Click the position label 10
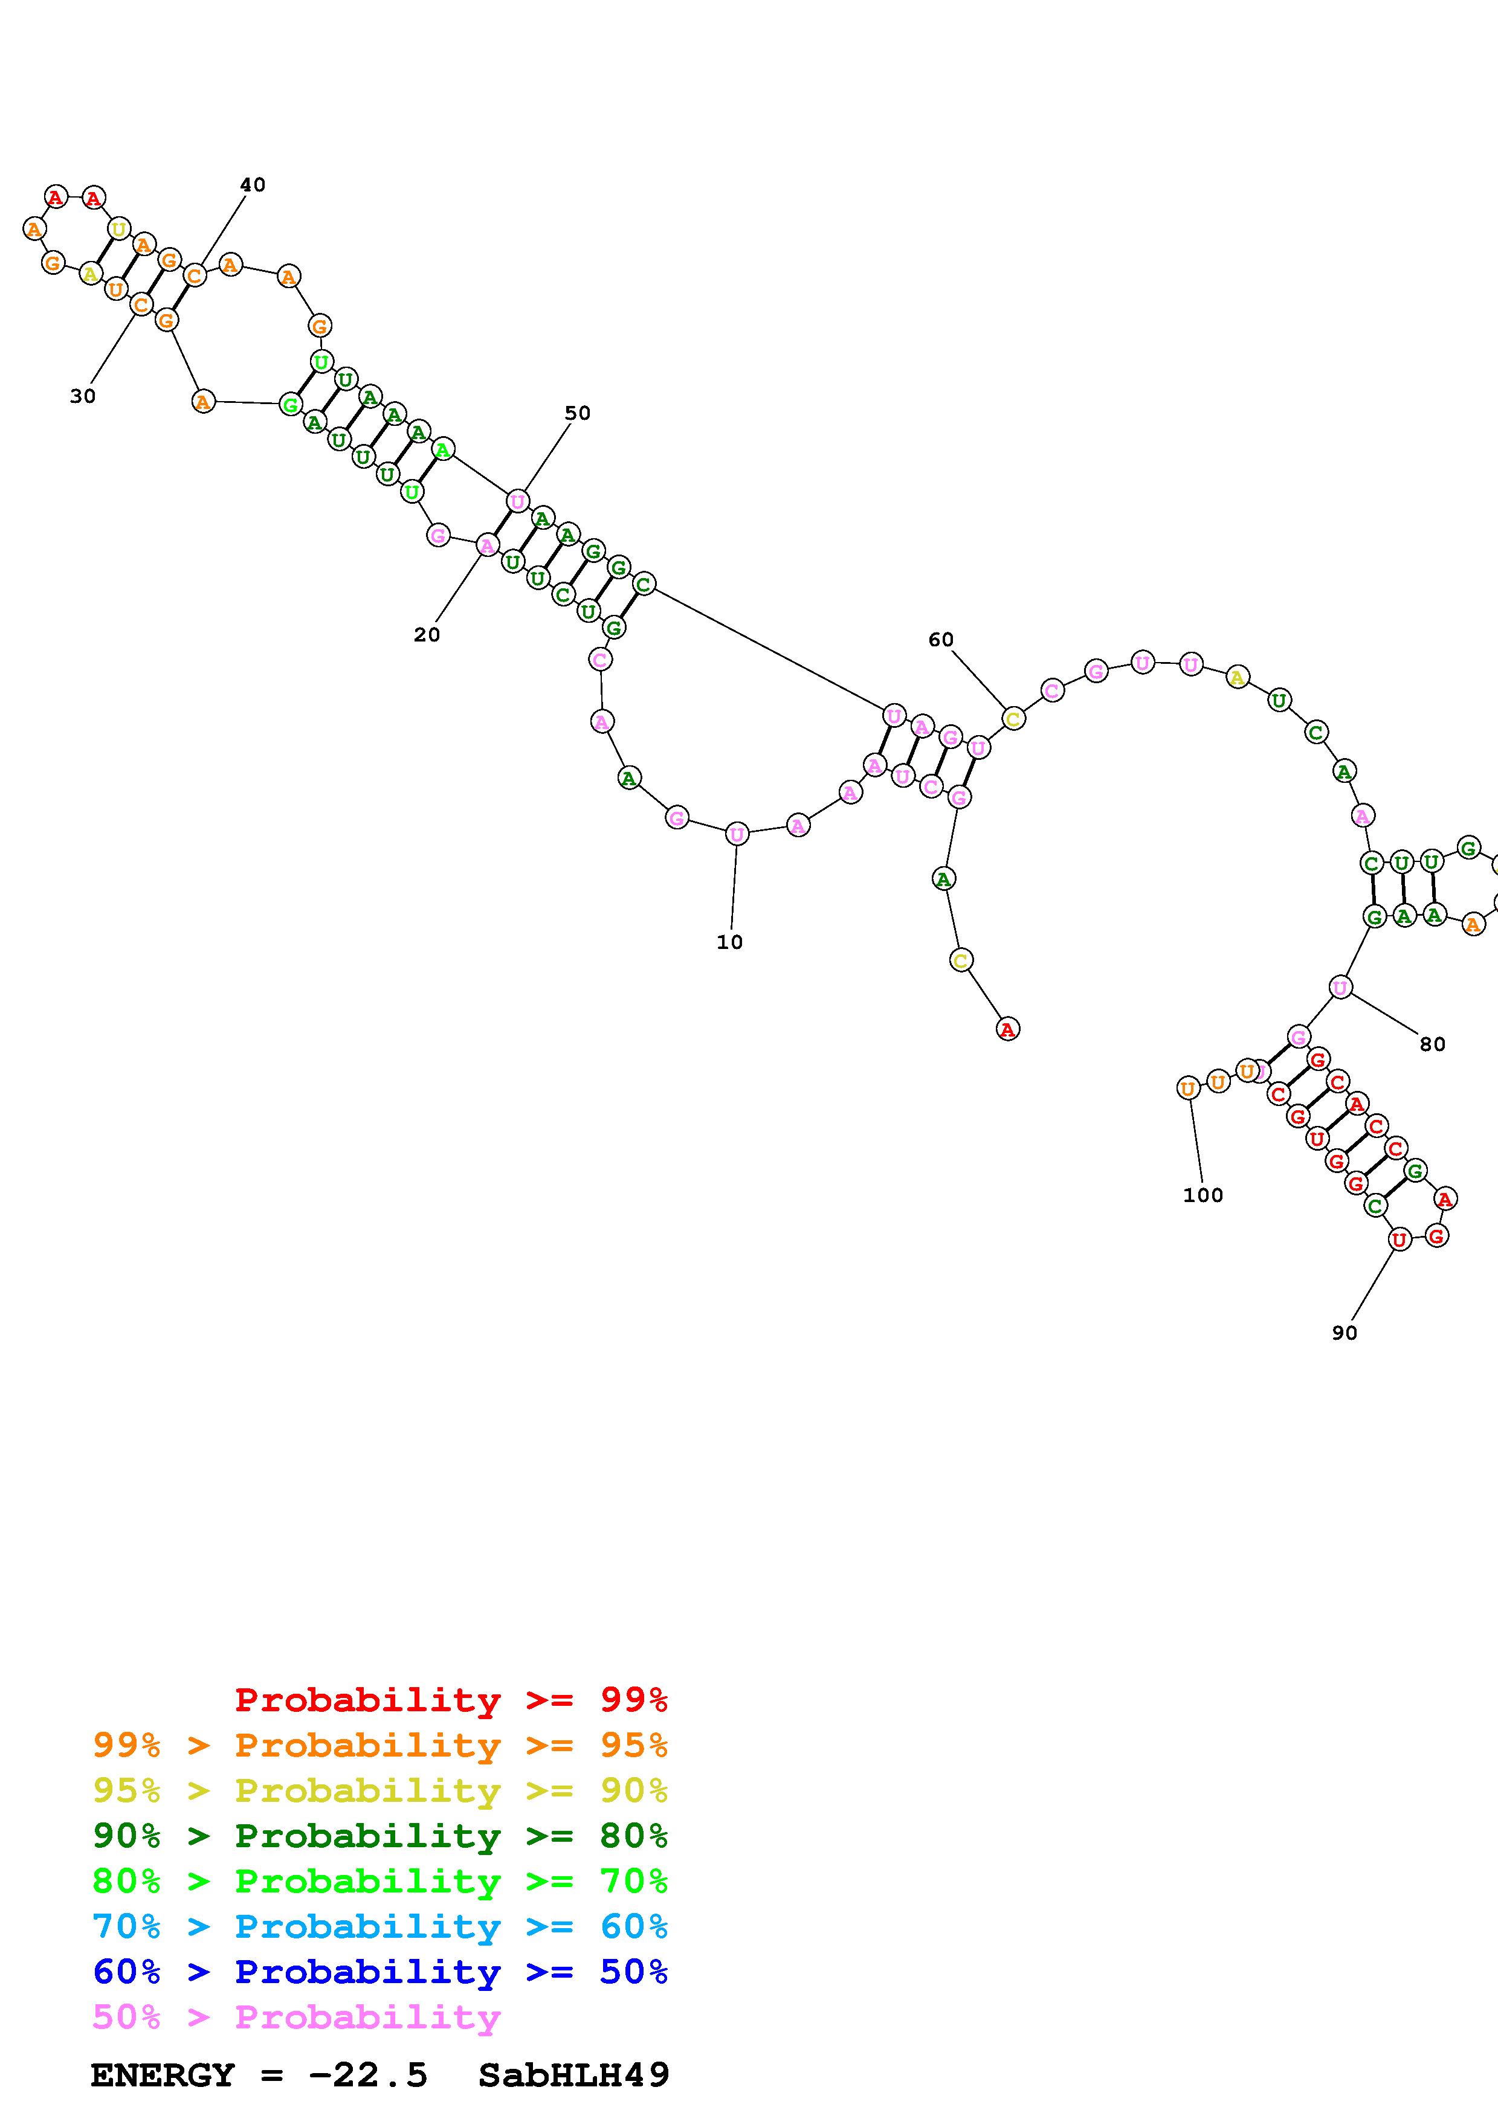(x=729, y=942)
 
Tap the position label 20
(x=427, y=635)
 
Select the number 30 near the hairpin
(x=82, y=396)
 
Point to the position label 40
(x=252, y=185)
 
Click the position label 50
(x=577, y=413)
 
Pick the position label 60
(x=940, y=640)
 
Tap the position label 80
(x=1432, y=1044)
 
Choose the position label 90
(x=1344, y=1333)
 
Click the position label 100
(x=1203, y=1195)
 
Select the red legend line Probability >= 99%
(x=451, y=1699)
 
